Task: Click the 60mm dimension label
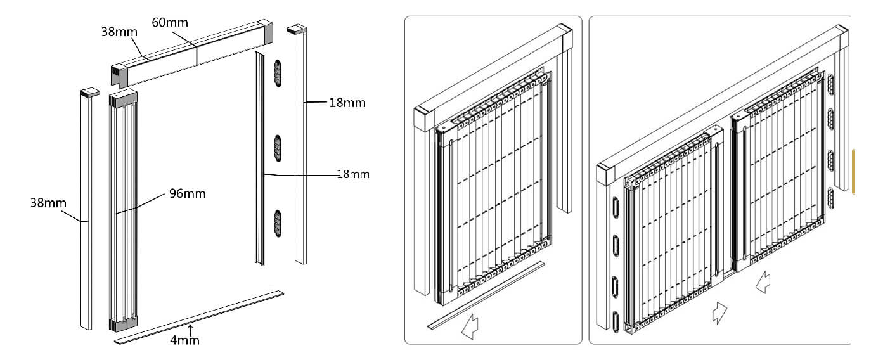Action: (x=170, y=23)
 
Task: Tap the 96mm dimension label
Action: (x=187, y=193)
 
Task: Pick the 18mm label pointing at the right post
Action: (x=347, y=103)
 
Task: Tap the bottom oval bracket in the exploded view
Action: (x=277, y=223)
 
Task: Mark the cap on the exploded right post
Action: (x=297, y=29)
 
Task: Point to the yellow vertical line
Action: (x=853, y=170)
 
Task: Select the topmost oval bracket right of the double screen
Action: (x=830, y=82)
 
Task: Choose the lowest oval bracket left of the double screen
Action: (x=614, y=320)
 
